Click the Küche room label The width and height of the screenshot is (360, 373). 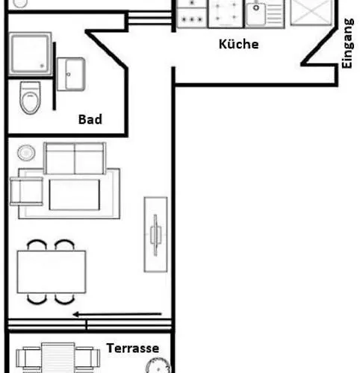tap(239, 44)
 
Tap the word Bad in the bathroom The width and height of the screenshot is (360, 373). tap(90, 119)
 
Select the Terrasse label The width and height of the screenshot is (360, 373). tap(133, 348)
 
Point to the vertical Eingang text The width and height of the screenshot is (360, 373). tap(347, 43)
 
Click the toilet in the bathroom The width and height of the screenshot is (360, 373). tap(30, 98)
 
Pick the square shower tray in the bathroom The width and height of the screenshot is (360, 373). tap(31, 54)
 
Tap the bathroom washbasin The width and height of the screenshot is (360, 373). tap(71, 74)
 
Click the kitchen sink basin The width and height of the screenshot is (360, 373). tap(256, 13)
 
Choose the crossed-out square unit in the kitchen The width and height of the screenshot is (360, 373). tap(311, 13)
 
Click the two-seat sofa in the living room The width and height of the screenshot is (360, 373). tap(75, 158)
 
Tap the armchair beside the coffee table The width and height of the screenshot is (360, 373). tap(26, 191)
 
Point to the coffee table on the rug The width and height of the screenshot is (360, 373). tap(75, 195)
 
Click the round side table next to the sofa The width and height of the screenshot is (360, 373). tap(26, 153)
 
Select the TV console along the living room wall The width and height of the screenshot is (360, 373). tap(155, 234)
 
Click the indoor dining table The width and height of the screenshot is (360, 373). tap(52, 272)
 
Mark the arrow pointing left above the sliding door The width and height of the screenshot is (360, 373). tap(117, 314)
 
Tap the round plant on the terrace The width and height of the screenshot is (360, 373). tap(158, 366)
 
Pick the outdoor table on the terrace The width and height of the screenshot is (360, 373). tap(58, 357)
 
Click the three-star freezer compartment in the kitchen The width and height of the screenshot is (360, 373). tap(192, 18)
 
